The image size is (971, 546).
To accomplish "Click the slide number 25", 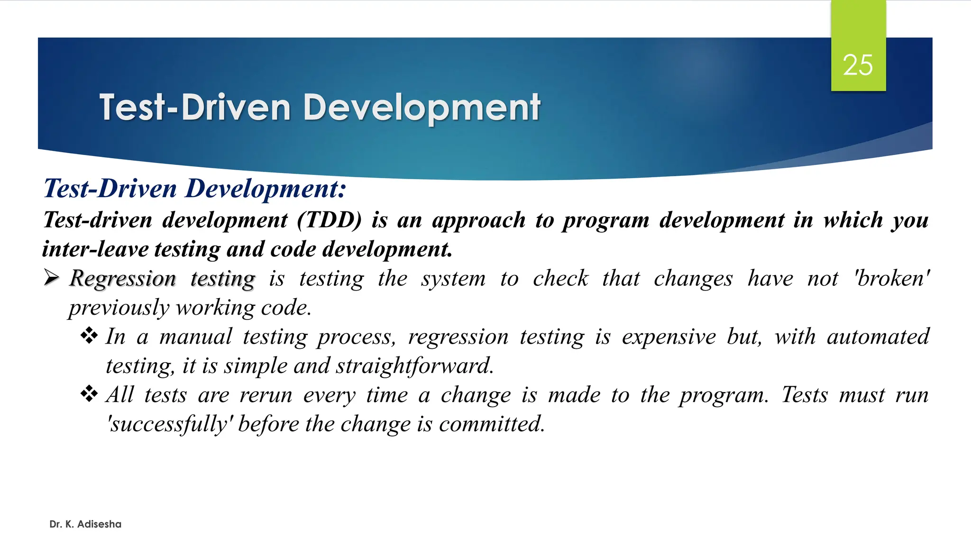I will [x=858, y=65].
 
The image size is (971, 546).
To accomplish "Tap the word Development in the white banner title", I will [x=421, y=108].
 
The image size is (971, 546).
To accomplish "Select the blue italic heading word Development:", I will [x=266, y=189].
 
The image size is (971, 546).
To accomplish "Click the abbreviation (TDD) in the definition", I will [x=330, y=220].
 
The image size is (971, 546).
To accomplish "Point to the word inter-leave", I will [x=95, y=249].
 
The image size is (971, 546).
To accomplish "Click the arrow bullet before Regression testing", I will [x=51, y=277].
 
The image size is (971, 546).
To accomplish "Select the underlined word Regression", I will [x=123, y=279].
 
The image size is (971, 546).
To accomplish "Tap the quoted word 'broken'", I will [x=891, y=279].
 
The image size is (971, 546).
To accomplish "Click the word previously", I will [x=119, y=308].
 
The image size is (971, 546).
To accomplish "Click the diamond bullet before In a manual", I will [x=89, y=336].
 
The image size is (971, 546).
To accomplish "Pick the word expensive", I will [x=669, y=337].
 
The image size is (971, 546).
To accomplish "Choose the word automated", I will [x=878, y=337].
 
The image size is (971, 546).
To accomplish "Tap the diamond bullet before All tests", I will [x=89, y=394].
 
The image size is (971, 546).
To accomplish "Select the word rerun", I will [x=266, y=395].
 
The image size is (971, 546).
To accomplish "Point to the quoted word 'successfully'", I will [x=170, y=424].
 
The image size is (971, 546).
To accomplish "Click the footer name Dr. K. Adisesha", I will [x=85, y=524].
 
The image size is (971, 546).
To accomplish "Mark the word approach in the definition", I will [x=478, y=220].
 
